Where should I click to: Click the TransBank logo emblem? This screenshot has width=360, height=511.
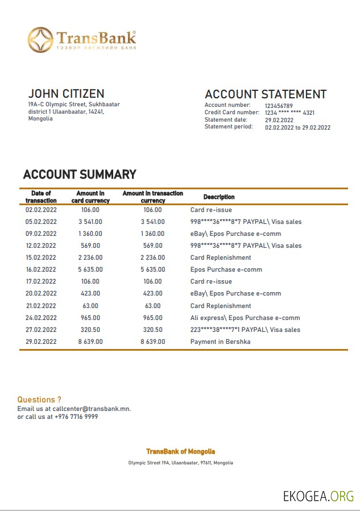[x=42, y=40]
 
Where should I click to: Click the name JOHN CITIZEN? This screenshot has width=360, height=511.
[x=66, y=94]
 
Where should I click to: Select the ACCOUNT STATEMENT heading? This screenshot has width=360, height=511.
[x=266, y=94]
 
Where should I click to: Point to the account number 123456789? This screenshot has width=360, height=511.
[x=279, y=106]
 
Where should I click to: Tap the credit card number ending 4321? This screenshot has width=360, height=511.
[x=289, y=113]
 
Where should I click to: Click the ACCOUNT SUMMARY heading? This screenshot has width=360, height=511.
[x=80, y=175]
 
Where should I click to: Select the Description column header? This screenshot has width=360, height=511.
[x=219, y=197]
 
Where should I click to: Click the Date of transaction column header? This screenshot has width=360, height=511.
[x=41, y=197]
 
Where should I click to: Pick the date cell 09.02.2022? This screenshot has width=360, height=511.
[x=41, y=234]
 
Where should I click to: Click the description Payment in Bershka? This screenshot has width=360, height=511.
[x=220, y=342]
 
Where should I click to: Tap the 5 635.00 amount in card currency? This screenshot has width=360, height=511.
[x=90, y=269]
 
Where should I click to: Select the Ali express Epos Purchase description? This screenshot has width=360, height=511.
[x=245, y=318]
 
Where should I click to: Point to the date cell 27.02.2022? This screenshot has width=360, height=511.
[x=41, y=330]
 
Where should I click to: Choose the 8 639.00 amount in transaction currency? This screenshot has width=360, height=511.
[x=152, y=342]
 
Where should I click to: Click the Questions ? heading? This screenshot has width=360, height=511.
[x=39, y=400]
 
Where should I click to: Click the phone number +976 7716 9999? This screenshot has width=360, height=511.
[x=76, y=417]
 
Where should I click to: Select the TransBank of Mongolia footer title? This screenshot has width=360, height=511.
[x=180, y=451]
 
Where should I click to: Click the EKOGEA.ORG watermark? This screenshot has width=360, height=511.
[x=318, y=496]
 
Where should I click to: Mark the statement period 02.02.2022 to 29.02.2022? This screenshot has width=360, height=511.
[x=297, y=128]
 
